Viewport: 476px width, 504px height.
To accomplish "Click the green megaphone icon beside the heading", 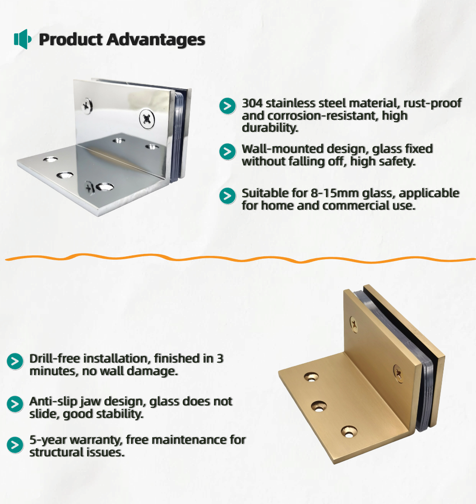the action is pyautogui.click(x=23, y=39).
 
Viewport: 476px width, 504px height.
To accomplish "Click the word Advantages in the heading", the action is pyautogui.click(x=156, y=40).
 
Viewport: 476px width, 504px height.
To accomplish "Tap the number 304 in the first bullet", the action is pyautogui.click(x=252, y=103).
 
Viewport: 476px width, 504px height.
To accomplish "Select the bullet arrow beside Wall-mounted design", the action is pyautogui.click(x=227, y=151).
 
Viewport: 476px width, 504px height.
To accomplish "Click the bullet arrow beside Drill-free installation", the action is pyautogui.click(x=15, y=361).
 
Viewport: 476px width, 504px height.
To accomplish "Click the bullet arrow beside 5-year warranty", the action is pyautogui.click(x=15, y=445).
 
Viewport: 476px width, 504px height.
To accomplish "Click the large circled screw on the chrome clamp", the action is pyautogui.click(x=147, y=119).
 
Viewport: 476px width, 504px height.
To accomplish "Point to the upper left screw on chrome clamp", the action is pyautogui.click(x=87, y=106).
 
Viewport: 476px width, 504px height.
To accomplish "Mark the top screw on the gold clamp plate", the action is pyautogui.click(x=353, y=324).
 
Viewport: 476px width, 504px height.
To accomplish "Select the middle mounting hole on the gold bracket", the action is pyautogui.click(x=318, y=406).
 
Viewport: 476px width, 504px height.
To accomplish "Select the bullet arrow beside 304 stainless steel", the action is pyautogui.click(x=227, y=106).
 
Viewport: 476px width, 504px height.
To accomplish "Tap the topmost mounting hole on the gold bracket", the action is pyautogui.click(x=311, y=377).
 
